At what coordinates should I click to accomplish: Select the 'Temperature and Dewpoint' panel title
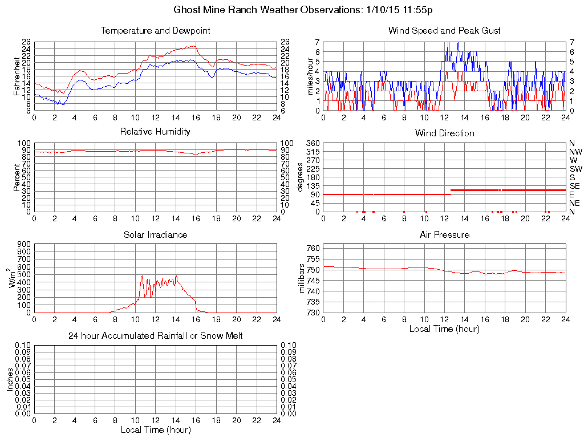[155, 31]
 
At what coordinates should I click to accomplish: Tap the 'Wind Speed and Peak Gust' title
[444, 31]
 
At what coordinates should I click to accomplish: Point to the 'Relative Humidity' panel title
[155, 132]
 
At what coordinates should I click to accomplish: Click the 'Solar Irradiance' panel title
[155, 234]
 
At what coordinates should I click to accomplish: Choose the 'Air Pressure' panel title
[444, 234]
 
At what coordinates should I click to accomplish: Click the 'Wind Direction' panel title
[444, 133]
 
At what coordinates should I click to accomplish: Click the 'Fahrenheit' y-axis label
[17, 76]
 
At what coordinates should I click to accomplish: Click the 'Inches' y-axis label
[10, 379]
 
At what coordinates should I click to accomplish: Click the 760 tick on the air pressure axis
[313, 248]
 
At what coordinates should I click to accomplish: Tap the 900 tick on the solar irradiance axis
[25, 244]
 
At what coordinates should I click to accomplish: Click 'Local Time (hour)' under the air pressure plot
[444, 328]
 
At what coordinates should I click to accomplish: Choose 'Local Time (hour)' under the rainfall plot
[155, 429]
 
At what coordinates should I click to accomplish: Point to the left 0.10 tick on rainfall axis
[23, 345]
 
